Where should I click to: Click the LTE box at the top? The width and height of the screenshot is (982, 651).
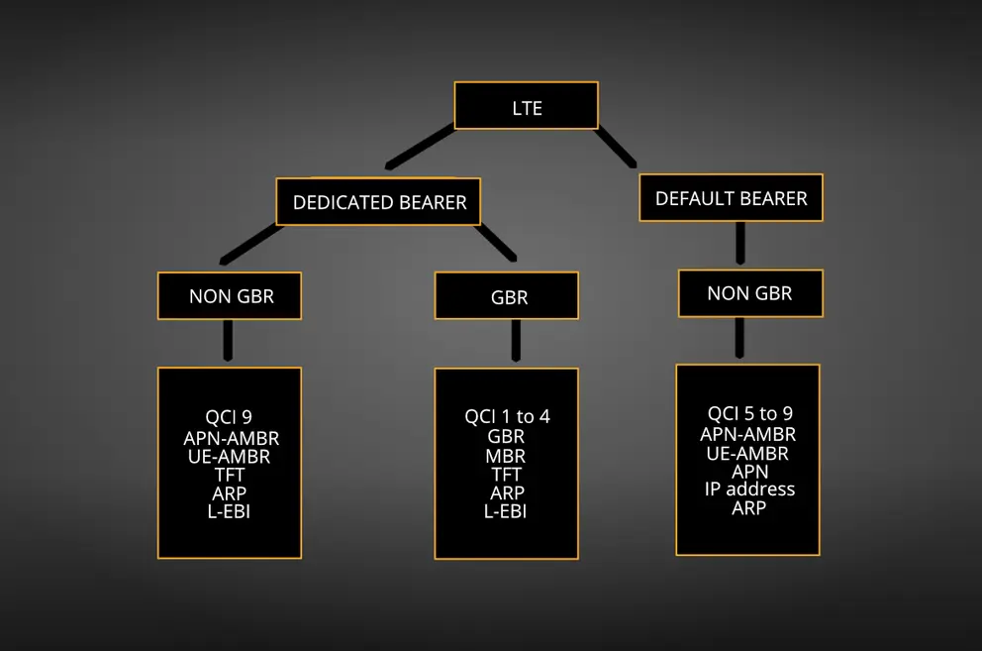pyautogui.click(x=526, y=106)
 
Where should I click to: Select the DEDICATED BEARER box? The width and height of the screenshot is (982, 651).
pyautogui.click(x=379, y=202)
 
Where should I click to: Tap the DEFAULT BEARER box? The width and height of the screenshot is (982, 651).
pyautogui.click(x=731, y=198)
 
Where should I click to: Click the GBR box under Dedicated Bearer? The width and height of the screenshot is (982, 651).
pyautogui.click(x=507, y=296)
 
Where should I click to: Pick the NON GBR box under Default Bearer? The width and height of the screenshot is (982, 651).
pyautogui.click(x=749, y=293)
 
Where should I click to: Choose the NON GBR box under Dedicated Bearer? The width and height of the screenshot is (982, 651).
pyautogui.click(x=230, y=296)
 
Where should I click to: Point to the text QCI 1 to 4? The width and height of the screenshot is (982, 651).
pyautogui.click(x=507, y=417)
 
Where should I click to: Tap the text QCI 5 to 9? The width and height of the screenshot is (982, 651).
pyautogui.click(x=749, y=414)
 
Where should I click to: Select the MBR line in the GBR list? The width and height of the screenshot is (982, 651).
pyautogui.click(x=507, y=456)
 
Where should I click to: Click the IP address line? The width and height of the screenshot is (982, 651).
pyautogui.click(x=749, y=489)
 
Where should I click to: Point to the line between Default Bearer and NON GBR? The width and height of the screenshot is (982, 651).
pyautogui.click(x=740, y=243)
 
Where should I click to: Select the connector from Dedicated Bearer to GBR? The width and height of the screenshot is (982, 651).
pyautogui.click(x=497, y=243)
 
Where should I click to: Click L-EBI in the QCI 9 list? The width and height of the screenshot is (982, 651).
pyautogui.click(x=229, y=511)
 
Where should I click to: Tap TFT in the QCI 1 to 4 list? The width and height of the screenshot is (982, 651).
pyautogui.click(x=507, y=475)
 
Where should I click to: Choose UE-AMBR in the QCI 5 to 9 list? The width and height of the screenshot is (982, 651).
pyautogui.click(x=747, y=453)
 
